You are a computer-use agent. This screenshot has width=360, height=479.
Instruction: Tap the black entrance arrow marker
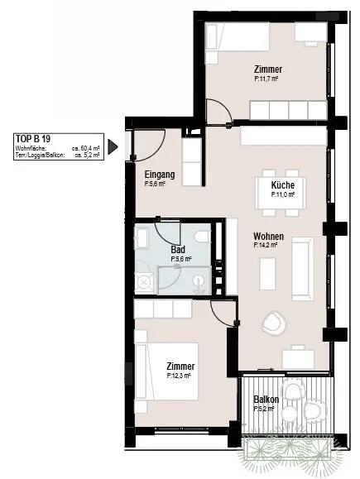coord(113,147)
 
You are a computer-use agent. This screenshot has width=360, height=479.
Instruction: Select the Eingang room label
coord(160,175)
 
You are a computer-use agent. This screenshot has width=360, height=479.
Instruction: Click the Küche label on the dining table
coord(283,184)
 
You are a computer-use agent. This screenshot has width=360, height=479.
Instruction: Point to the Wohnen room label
coord(268,236)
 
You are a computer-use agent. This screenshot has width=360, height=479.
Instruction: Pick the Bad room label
coord(178,250)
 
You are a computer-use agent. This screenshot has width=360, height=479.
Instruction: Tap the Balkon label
coord(266,400)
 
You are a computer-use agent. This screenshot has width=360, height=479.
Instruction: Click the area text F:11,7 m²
coord(266,79)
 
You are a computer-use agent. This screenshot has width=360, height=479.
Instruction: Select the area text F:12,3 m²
coord(179,376)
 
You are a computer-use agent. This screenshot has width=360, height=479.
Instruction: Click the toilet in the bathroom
coord(202,237)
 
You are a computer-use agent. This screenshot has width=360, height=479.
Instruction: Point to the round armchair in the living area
coord(274,323)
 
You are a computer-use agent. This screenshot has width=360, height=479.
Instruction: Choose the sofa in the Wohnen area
coord(303,269)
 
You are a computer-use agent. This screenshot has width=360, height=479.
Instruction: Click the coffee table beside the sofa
coord(267,274)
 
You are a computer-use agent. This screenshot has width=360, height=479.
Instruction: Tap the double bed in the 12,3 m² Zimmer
coord(166,371)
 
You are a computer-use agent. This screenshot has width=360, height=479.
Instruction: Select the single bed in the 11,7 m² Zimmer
coord(238,36)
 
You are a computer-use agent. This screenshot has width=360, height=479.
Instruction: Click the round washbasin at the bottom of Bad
coord(200,281)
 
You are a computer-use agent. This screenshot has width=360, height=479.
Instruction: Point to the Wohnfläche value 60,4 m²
coord(86,148)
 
